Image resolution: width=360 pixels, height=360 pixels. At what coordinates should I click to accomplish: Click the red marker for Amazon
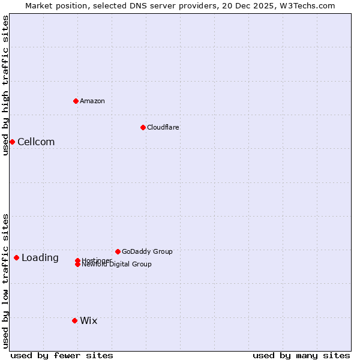(76, 101)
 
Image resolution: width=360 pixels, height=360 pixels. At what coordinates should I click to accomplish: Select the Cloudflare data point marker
(143, 127)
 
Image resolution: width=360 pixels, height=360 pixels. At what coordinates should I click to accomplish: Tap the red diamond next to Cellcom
(12, 142)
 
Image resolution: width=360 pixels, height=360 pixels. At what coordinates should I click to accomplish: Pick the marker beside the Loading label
(16, 257)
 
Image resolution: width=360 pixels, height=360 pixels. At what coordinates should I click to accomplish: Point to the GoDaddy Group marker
(118, 251)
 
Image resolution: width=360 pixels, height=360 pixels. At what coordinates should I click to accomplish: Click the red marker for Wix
(74, 320)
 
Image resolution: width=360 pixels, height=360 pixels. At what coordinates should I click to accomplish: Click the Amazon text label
(92, 101)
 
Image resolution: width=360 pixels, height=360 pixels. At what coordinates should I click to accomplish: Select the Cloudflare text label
(163, 127)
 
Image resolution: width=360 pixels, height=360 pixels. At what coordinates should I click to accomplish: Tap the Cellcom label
(36, 142)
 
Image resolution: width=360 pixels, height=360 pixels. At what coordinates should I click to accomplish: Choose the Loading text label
(40, 258)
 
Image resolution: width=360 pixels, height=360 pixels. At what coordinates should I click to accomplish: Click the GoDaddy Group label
(147, 251)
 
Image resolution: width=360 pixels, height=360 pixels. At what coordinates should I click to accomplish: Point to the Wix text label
(89, 321)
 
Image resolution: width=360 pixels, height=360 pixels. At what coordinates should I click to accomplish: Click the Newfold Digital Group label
(117, 264)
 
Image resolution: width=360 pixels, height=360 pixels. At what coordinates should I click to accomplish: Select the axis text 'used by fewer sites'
(62, 355)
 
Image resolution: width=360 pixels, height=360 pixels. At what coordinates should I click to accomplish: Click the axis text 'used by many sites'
(301, 355)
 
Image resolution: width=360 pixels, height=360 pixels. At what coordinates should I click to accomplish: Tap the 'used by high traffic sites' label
(5, 85)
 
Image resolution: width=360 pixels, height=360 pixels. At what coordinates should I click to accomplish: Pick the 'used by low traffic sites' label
(5, 281)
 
